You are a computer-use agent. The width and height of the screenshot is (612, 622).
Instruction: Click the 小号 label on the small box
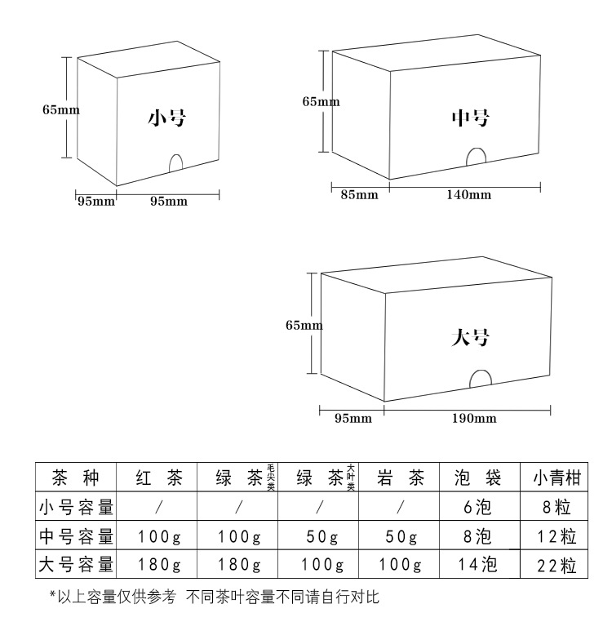point(166,118)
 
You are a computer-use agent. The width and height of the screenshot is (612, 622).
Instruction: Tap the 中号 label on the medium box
point(471,118)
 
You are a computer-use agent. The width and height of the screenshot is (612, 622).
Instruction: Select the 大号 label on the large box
point(470,337)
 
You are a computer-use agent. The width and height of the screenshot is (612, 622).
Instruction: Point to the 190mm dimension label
point(473,419)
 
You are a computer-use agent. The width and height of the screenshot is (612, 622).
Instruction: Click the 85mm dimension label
point(359,194)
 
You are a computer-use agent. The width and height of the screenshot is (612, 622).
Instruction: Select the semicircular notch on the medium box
point(476,157)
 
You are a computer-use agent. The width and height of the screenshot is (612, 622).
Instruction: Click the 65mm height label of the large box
point(304,326)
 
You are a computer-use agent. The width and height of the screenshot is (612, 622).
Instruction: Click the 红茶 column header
point(158,478)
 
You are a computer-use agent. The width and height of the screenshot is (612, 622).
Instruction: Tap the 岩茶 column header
point(399,478)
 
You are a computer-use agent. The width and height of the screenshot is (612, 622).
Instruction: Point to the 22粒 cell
point(557,565)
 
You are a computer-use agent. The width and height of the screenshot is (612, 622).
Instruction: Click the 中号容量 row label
point(76,536)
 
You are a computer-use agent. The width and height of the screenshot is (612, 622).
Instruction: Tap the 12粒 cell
point(557,536)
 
